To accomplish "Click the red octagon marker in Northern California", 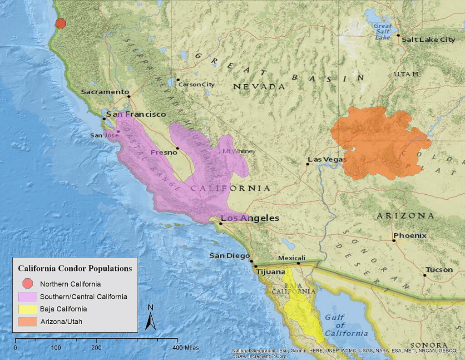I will [60, 24].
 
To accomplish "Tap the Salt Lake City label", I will [428, 39].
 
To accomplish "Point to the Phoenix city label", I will [410, 236].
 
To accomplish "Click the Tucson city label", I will [439, 270].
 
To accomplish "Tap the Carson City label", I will [196, 84].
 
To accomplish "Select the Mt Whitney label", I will [239, 152].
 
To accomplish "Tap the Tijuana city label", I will [271, 271].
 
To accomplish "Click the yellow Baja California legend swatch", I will [28, 309].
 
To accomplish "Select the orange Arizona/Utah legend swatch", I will [28, 321].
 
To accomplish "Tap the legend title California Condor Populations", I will [75, 268].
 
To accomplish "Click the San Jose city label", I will [101, 135].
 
